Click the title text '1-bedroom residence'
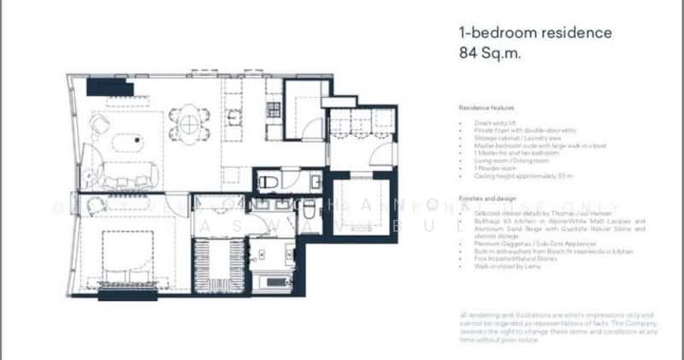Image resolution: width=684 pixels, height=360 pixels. click(535, 33)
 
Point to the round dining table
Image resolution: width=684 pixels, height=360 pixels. click(188, 123)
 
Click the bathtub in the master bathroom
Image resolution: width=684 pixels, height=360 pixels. click(271, 280)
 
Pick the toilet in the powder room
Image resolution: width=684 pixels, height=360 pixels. click(267, 181)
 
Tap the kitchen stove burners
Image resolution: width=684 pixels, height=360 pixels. click(274, 109)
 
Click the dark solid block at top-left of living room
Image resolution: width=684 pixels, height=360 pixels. click(108, 86)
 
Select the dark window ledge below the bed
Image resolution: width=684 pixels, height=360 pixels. click(127, 295)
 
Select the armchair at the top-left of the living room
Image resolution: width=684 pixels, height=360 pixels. click(99, 124)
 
